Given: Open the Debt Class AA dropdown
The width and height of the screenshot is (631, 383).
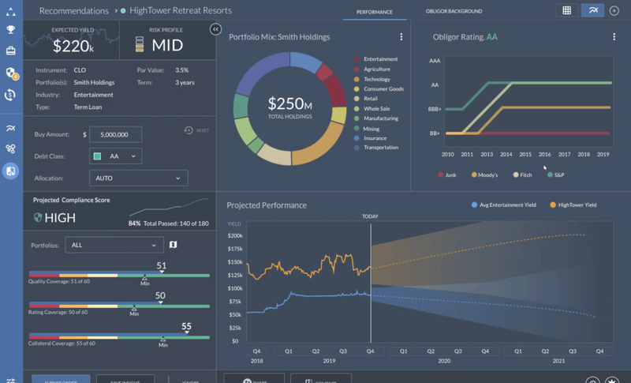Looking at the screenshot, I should (x=116, y=156).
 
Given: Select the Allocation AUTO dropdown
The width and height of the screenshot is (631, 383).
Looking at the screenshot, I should (x=138, y=178).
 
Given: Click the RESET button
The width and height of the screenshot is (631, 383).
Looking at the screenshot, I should (x=197, y=130).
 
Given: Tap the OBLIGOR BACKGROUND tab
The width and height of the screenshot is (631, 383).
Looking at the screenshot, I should (x=454, y=12).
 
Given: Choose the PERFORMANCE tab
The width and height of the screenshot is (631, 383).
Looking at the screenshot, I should (x=375, y=12).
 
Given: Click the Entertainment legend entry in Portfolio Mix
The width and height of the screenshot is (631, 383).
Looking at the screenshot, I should (x=380, y=59).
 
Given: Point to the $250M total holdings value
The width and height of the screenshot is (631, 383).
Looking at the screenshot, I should (x=289, y=103).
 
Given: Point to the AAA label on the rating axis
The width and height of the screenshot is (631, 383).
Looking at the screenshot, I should (x=435, y=60).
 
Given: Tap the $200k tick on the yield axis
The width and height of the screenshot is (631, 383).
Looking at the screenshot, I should (x=234, y=236).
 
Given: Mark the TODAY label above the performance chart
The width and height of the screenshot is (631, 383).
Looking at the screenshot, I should (x=370, y=216).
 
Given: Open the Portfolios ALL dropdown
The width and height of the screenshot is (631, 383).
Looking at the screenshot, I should (x=114, y=245).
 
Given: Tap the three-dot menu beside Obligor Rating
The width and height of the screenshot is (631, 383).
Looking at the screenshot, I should (x=614, y=37).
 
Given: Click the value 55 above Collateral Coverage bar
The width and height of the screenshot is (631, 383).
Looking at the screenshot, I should (x=187, y=326).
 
